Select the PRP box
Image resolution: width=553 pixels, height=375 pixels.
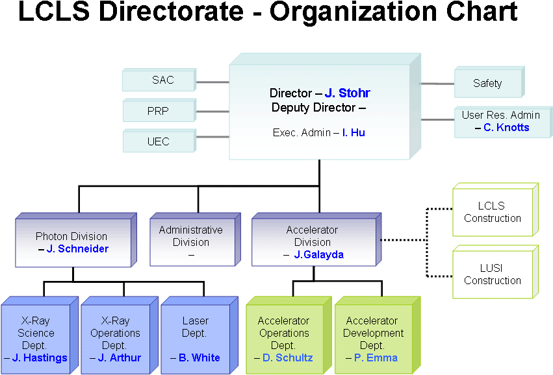point(158,111)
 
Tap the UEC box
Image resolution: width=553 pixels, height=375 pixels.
point(158,141)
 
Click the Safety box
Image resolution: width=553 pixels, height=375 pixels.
point(487,83)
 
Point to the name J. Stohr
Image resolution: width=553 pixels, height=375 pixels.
point(348,93)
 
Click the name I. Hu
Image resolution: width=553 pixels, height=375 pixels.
point(358,132)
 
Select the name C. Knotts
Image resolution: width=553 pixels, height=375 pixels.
point(506,127)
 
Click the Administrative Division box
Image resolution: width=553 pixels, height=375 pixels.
point(190,241)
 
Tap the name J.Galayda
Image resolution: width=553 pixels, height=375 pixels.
point(318,254)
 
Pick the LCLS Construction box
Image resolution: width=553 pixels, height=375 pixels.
point(492,212)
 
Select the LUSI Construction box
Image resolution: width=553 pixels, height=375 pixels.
point(492,274)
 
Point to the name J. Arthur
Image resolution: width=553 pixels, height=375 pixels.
point(120,357)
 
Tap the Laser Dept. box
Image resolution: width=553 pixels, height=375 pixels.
point(195,338)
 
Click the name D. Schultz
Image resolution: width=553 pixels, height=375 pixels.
point(288,357)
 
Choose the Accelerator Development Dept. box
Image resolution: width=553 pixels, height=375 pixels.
point(374,338)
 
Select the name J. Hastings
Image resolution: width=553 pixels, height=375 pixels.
point(40,357)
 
